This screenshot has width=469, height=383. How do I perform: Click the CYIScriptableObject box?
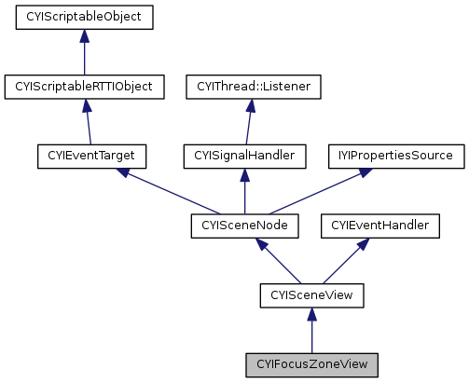(x=84, y=17)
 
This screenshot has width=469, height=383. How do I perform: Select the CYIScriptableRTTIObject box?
(x=84, y=87)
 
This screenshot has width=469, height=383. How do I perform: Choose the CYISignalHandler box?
(x=244, y=156)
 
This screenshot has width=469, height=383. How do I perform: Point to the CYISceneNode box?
(x=244, y=226)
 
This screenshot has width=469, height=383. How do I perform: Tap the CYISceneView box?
(x=311, y=295)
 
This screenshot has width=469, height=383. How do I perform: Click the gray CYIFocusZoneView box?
(x=311, y=364)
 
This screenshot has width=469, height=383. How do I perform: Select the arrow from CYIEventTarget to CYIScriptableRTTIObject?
(x=89, y=121)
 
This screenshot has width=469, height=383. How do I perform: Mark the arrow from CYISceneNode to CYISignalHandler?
(x=244, y=191)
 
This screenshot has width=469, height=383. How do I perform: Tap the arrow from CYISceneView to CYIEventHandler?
(x=342, y=261)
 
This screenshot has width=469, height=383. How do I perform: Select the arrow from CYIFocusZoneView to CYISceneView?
(x=311, y=330)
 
